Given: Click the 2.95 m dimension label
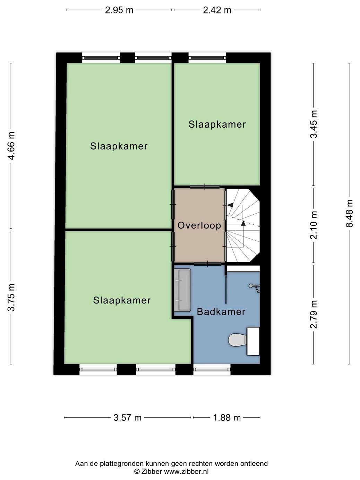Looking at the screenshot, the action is click(119, 10).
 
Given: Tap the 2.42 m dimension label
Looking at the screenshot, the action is click(217, 10).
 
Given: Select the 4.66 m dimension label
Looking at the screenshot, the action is click(11, 146).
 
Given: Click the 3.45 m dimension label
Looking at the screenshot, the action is click(314, 124).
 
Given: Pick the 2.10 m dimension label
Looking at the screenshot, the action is click(314, 225).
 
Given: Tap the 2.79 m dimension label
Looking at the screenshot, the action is click(314, 315).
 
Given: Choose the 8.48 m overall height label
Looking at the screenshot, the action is click(349, 214).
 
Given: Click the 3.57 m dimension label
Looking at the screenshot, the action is click(127, 418).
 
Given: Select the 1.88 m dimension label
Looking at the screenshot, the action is click(227, 418).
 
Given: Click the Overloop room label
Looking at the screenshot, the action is click(199, 225).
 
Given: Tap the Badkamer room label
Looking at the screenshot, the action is click(221, 311).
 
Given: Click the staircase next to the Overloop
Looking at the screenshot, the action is click(243, 225).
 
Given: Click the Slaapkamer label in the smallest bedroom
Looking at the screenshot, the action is click(217, 125).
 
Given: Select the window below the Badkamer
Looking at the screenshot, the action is click(212, 370).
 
